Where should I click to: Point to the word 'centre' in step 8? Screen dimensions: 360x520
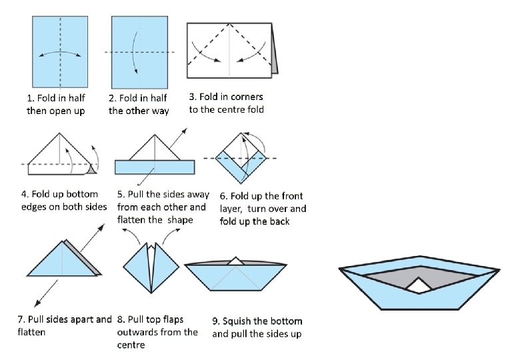click(x=131, y=345)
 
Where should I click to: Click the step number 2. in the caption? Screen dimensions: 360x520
click(x=113, y=98)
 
